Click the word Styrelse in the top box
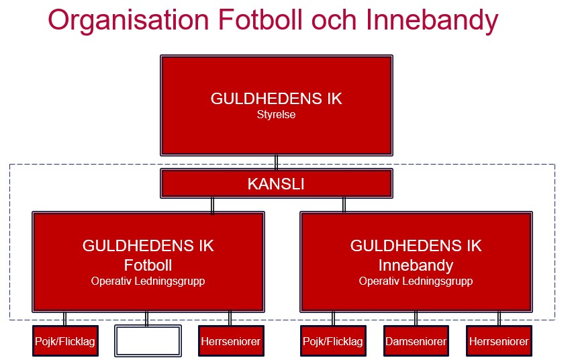276,114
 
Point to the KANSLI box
277,183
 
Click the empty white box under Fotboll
148,341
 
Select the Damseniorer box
416,341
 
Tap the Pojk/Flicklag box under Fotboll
65,341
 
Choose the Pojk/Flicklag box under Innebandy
333,341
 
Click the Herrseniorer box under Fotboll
231,341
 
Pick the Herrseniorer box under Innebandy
499,341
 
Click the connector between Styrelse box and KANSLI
277,163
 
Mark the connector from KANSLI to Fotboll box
212,205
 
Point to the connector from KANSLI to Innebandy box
344,205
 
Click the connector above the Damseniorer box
416,318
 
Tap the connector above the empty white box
146,318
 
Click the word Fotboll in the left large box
148,265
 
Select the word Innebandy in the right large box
416,266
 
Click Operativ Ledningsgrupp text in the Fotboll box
148,281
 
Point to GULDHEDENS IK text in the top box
277,99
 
